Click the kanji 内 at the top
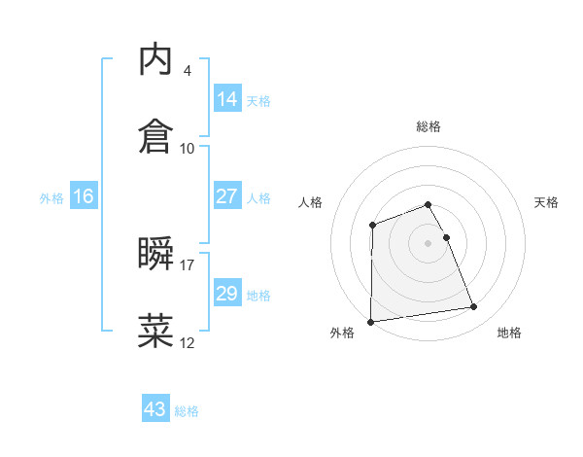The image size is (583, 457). (x=155, y=59)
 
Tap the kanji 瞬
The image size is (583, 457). (x=155, y=254)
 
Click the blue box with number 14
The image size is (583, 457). (x=227, y=98)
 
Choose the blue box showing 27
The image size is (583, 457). (x=227, y=196)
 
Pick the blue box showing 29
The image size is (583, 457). (x=227, y=294)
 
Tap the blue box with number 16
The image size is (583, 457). (x=84, y=196)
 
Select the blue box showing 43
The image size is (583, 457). (x=155, y=409)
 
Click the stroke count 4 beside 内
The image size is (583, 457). (x=187, y=71)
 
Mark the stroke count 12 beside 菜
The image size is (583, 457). (x=188, y=342)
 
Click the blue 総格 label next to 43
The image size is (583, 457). (x=187, y=411)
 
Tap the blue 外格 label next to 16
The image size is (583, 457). (x=51, y=197)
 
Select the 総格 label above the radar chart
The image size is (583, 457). (x=429, y=126)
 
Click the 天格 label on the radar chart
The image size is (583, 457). (x=547, y=202)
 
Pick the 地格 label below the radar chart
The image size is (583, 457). (x=509, y=333)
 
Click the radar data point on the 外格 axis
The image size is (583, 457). (x=370, y=321)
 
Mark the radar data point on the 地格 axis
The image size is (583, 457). (x=474, y=307)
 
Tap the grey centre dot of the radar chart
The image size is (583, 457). (x=429, y=242)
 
